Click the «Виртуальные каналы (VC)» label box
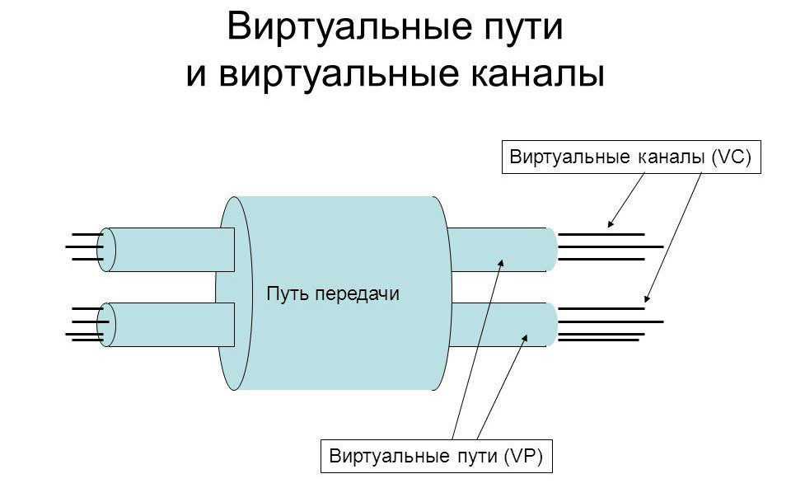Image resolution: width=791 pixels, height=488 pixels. point(630,157)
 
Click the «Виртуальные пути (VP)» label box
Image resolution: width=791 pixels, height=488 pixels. point(435,455)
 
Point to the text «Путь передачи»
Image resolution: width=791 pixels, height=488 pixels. point(333,293)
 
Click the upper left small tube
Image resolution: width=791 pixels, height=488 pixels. point(173,249)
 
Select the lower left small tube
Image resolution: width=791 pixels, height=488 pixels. point(173,324)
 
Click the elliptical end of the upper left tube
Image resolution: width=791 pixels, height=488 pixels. point(106,249)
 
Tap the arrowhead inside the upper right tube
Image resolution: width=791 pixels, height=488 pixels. point(499,262)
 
